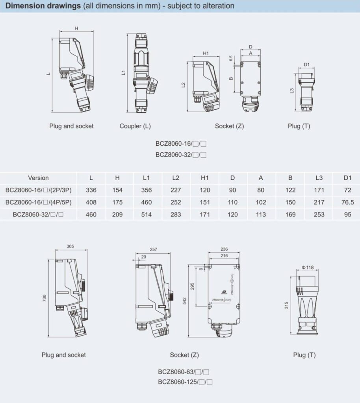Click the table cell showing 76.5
[347, 202]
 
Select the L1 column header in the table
[147, 178]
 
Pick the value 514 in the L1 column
[147, 214]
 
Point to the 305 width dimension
[70, 246]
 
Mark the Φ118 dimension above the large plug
[308, 268]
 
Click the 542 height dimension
[185, 301]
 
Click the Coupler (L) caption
[135, 126]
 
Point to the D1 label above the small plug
[307, 65]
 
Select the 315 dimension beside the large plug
[287, 305]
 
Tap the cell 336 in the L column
[91, 190]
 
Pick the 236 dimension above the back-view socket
[223, 249]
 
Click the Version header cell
[38, 178]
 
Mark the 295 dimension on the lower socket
[193, 286]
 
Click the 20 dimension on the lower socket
[143, 257]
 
